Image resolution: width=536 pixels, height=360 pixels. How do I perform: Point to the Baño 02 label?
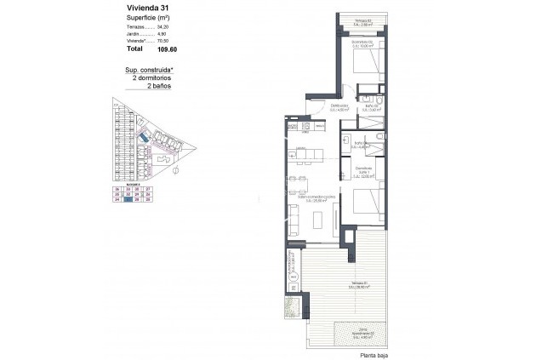[371, 108]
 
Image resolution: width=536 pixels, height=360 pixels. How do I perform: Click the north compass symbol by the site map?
[174, 169]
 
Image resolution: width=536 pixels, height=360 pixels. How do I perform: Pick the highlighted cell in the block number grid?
[128, 200]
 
